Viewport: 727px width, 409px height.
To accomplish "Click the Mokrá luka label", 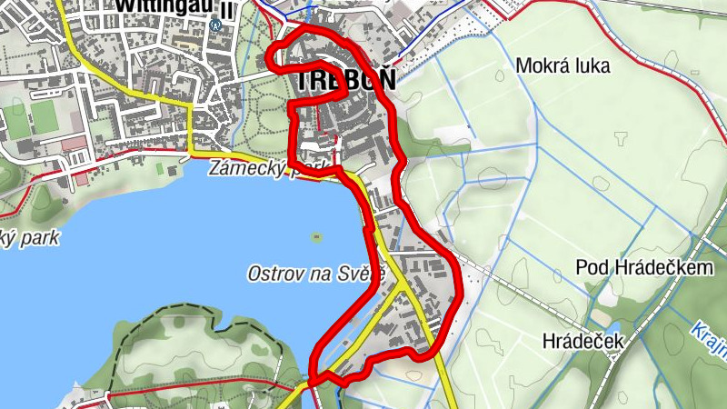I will coord(563,65).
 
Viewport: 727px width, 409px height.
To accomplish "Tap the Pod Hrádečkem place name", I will coord(643,268).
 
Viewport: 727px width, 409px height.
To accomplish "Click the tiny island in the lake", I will coord(316,238).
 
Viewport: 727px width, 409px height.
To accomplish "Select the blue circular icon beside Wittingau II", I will coord(214,25).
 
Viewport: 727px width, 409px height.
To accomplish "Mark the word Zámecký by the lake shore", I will coord(238,168).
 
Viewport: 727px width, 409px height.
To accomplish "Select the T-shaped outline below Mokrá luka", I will coord(622,140).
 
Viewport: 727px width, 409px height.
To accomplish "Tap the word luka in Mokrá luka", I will coord(590,65).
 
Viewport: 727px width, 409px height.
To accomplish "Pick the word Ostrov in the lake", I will coord(274,273).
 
